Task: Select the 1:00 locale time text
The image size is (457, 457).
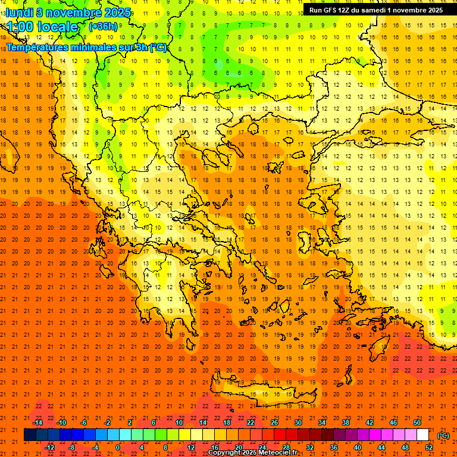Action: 42,27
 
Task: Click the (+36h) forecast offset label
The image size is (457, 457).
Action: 103,27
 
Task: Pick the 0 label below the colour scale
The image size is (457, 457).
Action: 118,447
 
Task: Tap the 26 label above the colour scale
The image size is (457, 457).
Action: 274,422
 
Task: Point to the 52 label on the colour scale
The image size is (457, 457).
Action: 429,447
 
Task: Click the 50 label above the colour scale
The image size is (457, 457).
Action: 417,422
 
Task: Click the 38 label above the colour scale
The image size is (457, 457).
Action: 346,422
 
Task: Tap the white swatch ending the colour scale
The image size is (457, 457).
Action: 423,435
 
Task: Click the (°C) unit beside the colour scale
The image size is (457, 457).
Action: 443,436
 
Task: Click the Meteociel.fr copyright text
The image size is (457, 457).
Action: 252,453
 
